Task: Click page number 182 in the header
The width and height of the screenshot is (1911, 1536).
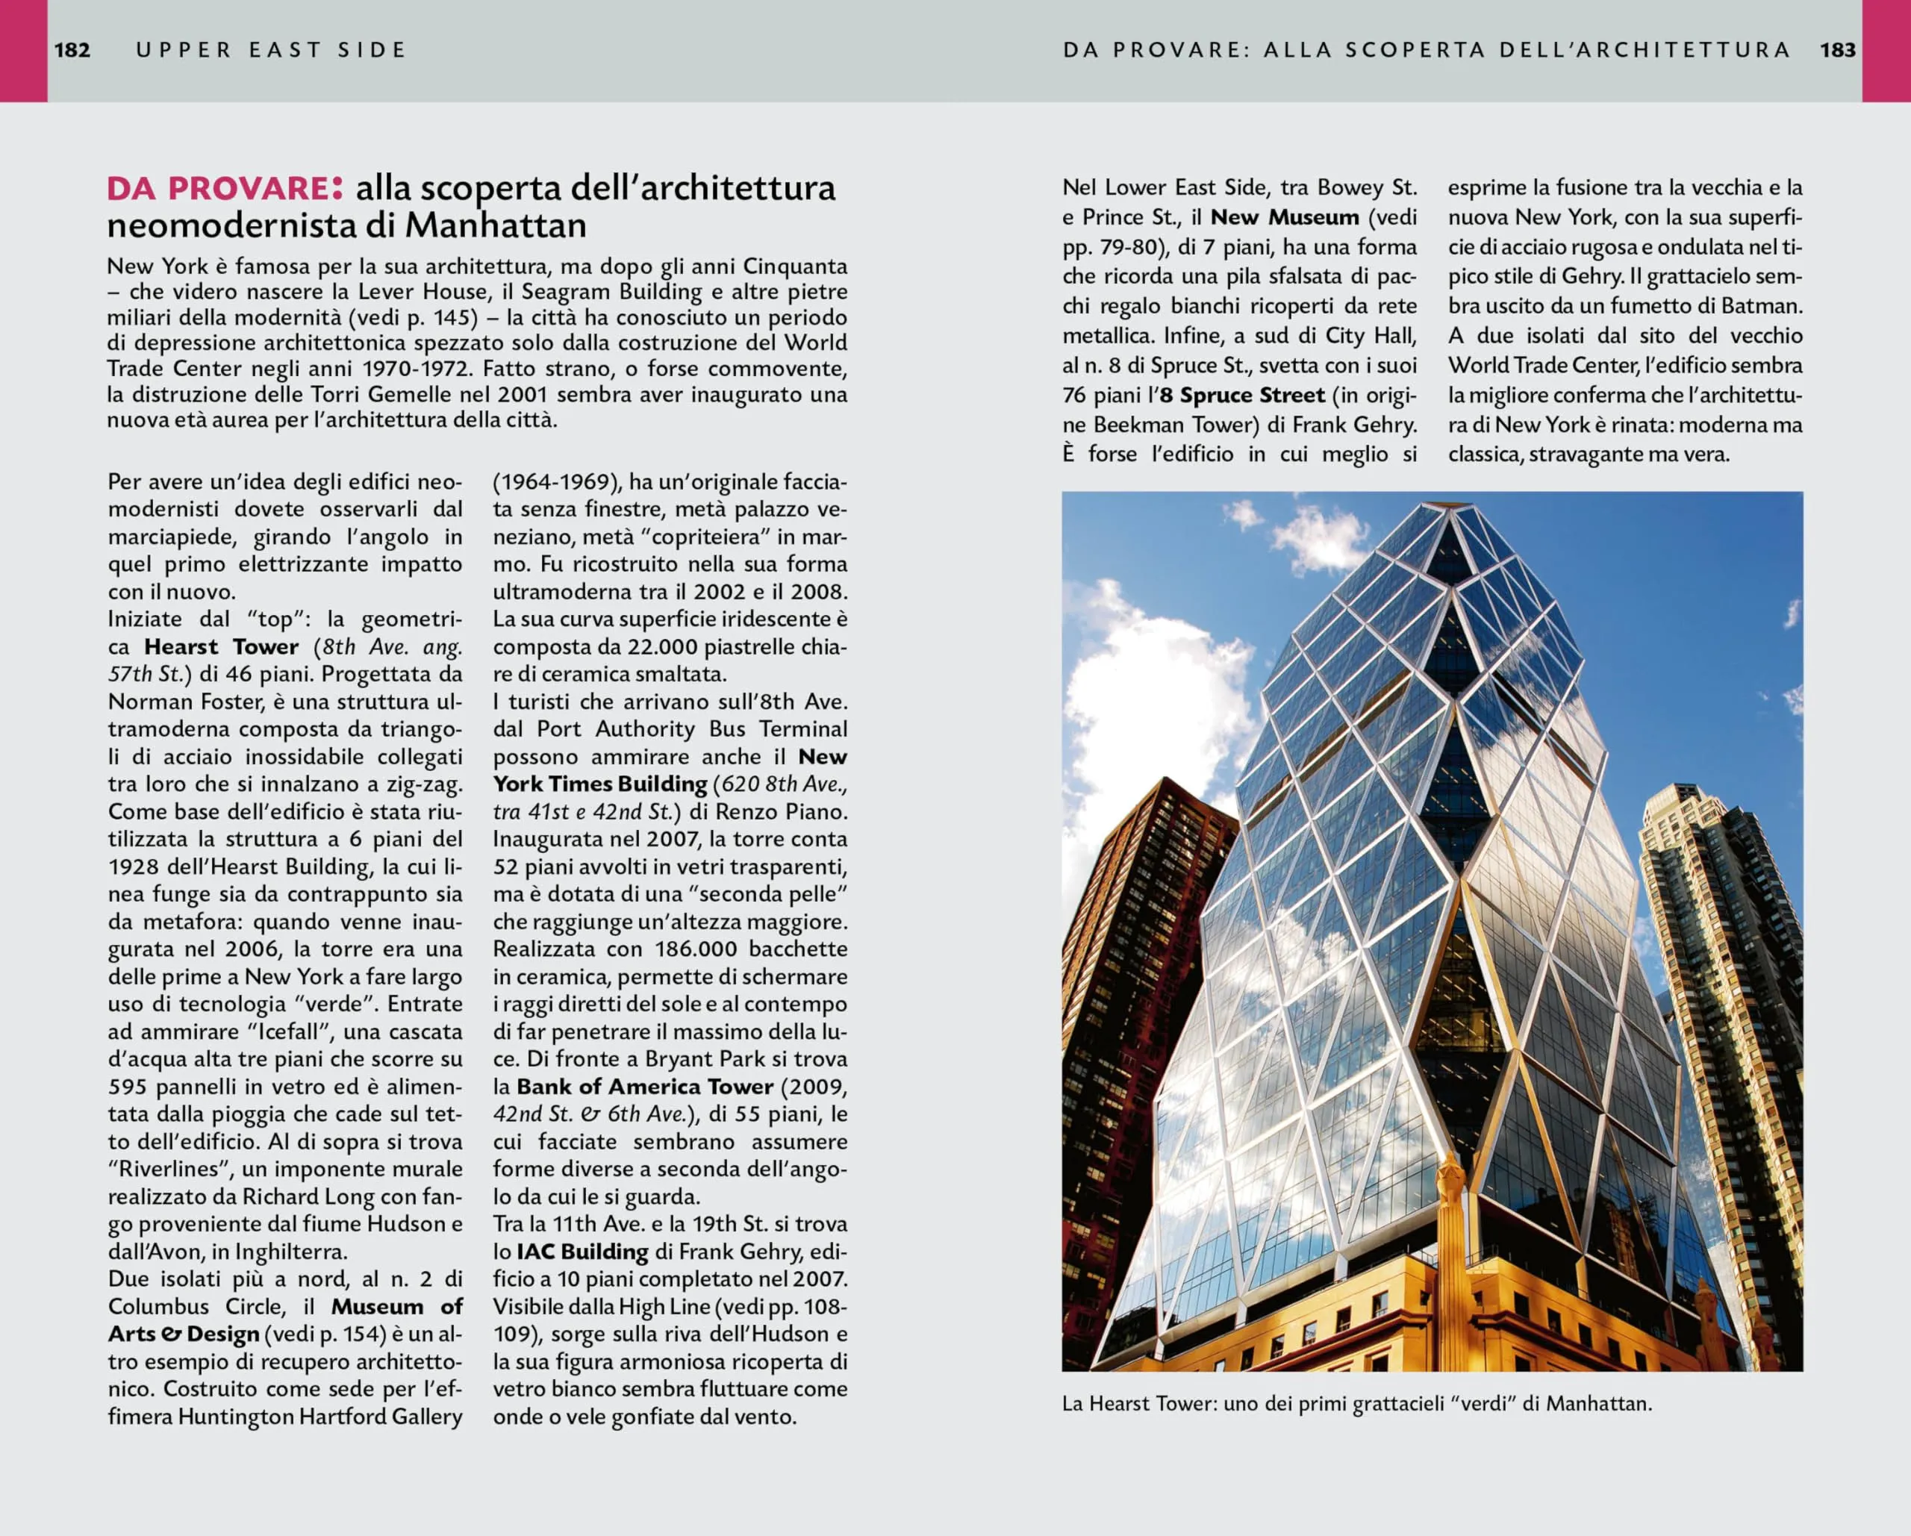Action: click(72, 50)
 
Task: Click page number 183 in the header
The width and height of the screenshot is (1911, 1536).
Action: click(1837, 50)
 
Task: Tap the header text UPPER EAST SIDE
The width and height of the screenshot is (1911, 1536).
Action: click(270, 50)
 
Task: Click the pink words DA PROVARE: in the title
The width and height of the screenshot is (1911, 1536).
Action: click(224, 188)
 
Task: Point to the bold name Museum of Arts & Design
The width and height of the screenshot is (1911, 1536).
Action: click(285, 1320)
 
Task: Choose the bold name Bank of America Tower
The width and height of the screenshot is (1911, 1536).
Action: click(645, 1087)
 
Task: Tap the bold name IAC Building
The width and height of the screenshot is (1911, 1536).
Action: click(582, 1252)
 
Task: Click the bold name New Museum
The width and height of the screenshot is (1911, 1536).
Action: click(1285, 217)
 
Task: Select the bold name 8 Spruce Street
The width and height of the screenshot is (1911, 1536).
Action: click(1242, 396)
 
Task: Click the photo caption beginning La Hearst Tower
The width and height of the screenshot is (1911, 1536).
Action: click(1356, 1404)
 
